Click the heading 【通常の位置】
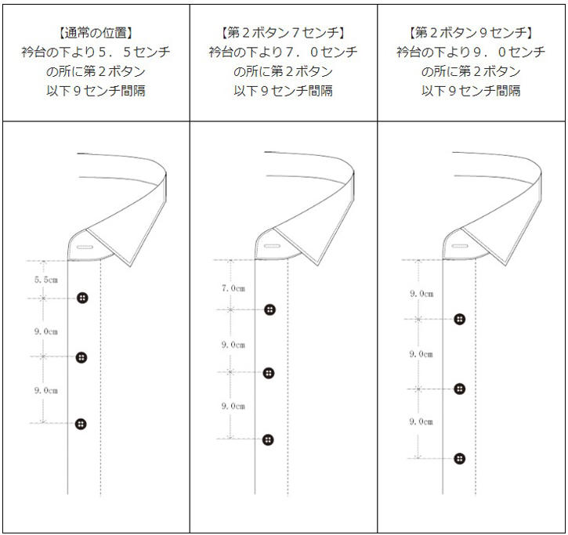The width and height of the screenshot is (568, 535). pos(96,33)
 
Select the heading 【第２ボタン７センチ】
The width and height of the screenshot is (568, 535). pos(283,33)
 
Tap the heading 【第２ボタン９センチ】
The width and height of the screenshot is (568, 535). pos(471,33)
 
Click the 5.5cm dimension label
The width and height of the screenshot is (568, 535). pos(46,280)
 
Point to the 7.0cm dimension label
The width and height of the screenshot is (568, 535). pos(233,288)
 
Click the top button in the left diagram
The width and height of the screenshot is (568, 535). pos(82,298)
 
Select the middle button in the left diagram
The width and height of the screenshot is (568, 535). pos(81,357)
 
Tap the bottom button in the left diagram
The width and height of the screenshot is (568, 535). pos(81,424)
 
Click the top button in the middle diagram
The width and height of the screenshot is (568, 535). pos(270,309)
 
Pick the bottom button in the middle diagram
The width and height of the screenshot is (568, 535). pos(268,439)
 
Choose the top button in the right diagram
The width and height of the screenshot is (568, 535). pos(460,319)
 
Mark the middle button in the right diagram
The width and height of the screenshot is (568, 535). pos(459,389)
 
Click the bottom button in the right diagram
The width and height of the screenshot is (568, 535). pos(459,458)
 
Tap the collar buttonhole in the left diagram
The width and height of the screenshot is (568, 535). pos(85,248)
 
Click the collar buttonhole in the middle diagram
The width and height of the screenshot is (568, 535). pos(272,246)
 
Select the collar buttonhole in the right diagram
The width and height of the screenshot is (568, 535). pos(460,247)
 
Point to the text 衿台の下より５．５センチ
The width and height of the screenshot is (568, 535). pos(96,52)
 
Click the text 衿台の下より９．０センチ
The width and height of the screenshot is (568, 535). pos(471,52)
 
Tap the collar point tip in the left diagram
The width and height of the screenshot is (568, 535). pos(131,266)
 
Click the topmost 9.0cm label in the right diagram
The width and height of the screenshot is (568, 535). pos(421,294)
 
